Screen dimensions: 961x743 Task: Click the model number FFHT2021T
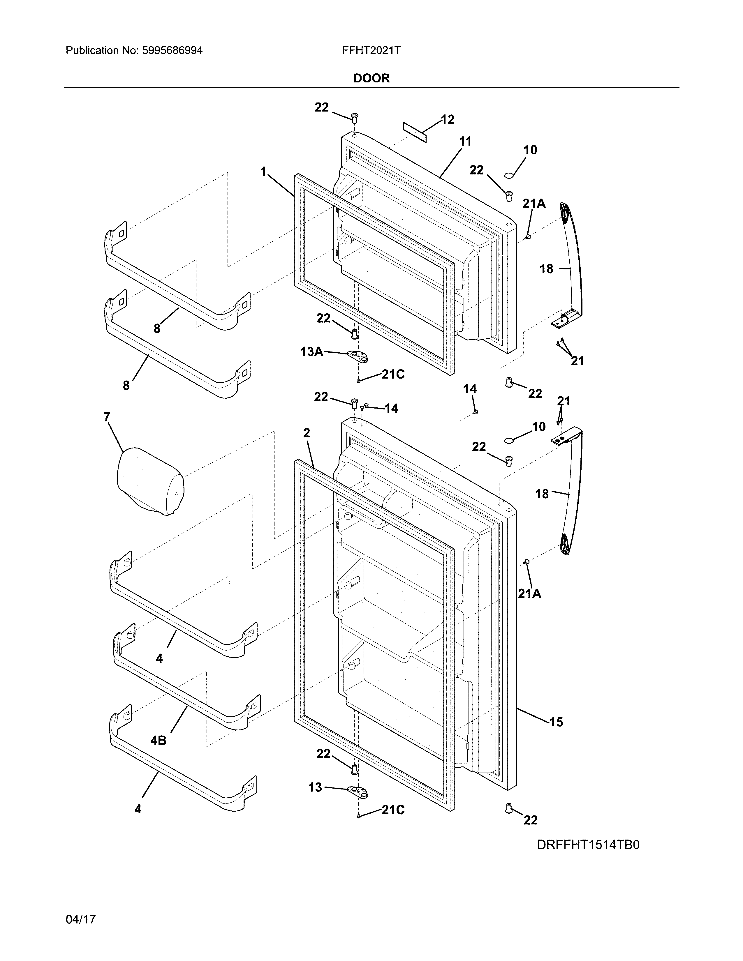(x=371, y=51)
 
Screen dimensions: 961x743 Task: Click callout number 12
(x=447, y=120)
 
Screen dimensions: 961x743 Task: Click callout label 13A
(x=312, y=351)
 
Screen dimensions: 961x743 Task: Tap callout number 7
(x=107, y=417)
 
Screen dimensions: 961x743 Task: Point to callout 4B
(x=159, y=741)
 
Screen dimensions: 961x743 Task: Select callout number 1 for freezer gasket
(x=263, y=171)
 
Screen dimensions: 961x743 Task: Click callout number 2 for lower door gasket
(x=307, y=433)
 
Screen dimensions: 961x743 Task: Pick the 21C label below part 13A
(x=393, y=374)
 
